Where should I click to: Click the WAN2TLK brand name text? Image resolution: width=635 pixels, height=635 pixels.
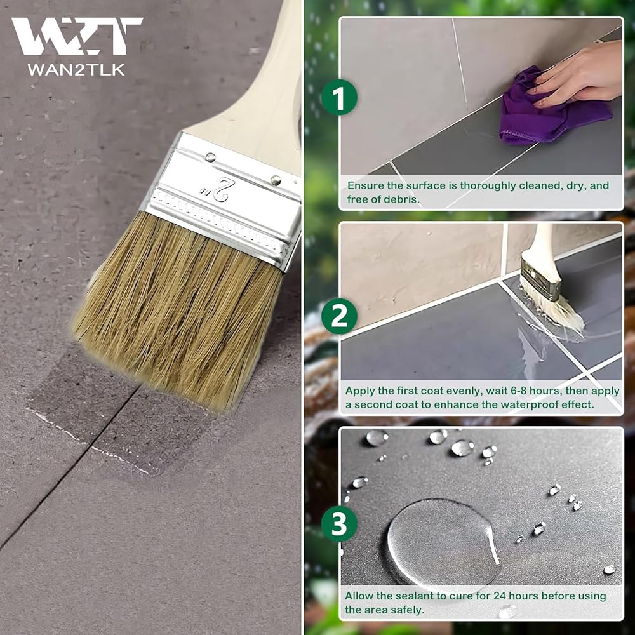76,70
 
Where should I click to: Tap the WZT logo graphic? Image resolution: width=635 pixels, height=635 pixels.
77,36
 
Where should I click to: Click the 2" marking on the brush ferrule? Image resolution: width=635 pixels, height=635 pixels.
216,189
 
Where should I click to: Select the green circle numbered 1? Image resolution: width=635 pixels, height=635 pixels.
339,97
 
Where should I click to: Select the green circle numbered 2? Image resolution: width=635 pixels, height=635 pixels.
339,316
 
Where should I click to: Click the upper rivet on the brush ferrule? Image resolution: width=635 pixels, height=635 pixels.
210,157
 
